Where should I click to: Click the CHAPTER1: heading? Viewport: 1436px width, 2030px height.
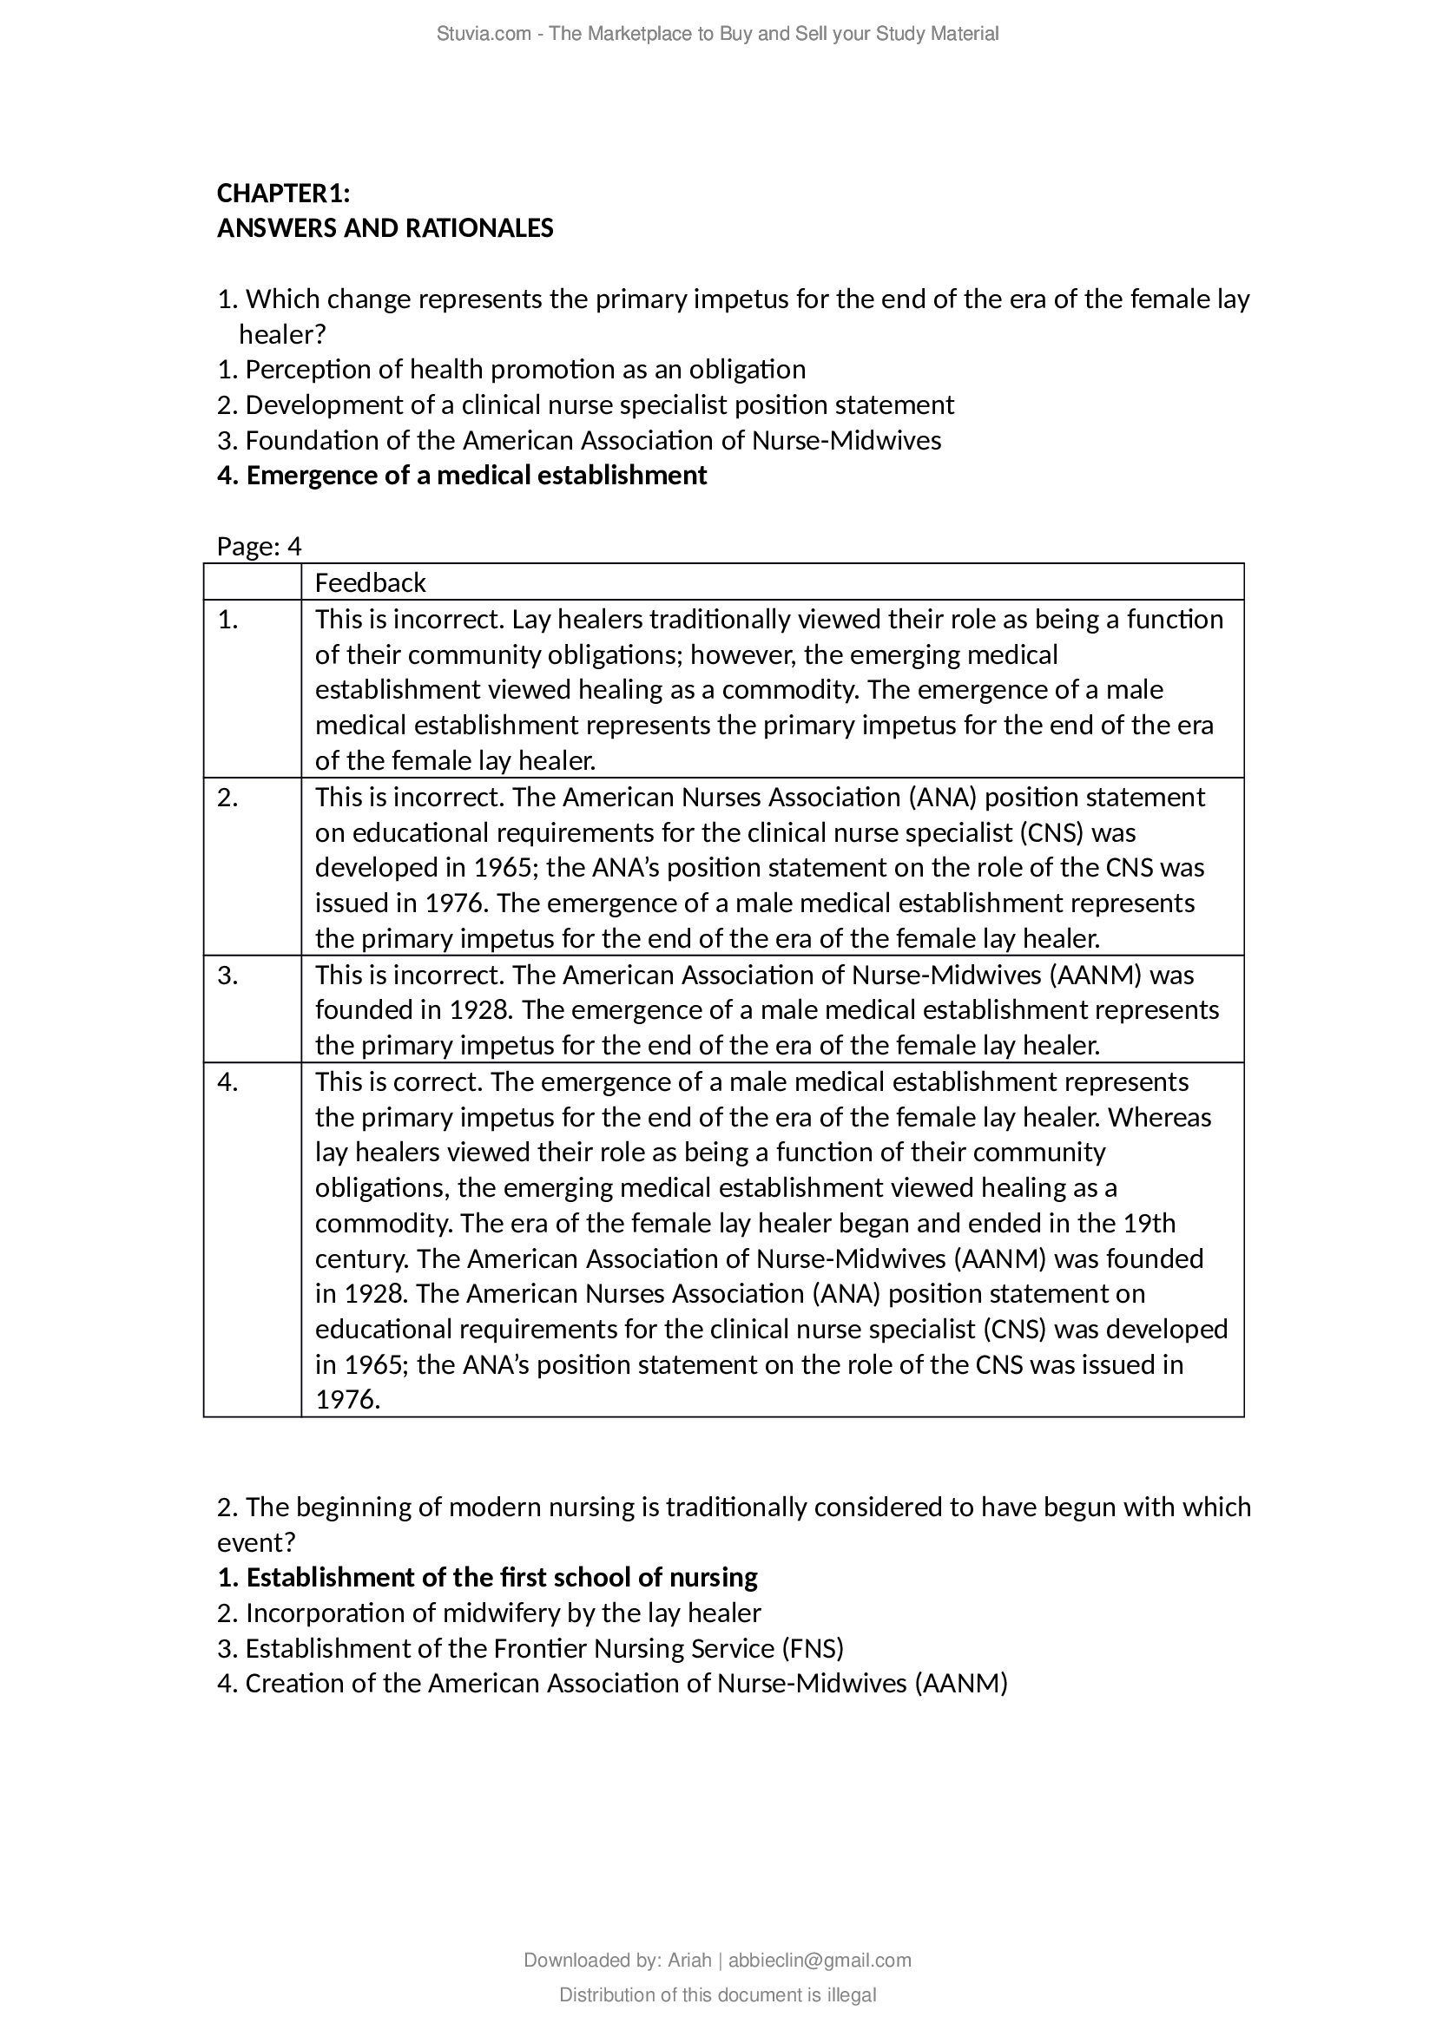[283, 193]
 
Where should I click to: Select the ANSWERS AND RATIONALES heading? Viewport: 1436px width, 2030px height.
[385, 228]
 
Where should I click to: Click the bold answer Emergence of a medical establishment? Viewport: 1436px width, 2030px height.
[462, 476]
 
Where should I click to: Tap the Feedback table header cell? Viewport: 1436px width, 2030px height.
[370, 582]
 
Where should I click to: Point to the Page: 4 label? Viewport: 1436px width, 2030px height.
[259, 547]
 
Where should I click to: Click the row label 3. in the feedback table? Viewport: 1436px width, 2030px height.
[228, 976]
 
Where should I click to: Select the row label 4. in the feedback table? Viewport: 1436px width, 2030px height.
[228, 1082]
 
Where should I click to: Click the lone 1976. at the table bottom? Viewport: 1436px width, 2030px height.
[347, 1400]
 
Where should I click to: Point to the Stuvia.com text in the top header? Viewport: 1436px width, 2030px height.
[483, 34]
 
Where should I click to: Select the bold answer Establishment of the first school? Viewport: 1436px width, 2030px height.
[487, 1577]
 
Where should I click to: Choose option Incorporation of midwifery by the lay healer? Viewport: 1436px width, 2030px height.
[489, 1613]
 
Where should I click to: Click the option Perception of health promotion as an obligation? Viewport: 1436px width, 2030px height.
[511, 369]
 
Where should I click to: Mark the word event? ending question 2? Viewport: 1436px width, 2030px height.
[256, 1542]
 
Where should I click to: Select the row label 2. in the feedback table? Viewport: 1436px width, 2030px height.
[228, 798]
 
